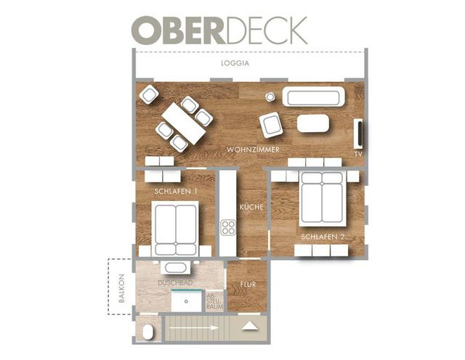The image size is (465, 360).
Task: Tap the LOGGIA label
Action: [235, 64]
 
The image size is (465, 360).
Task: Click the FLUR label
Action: [247, 285]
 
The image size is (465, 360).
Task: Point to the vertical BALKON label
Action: [122, 288]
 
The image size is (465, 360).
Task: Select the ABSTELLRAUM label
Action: [214, 301]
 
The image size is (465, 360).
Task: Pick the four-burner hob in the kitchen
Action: [228, 228]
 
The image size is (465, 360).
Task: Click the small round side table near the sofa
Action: [270, 97]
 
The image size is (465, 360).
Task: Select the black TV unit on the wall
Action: [357, 135]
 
